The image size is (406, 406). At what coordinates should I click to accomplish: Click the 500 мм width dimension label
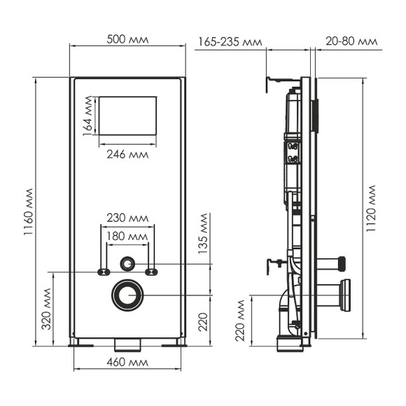click(127, 39)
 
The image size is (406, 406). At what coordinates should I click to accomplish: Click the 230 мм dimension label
click(127, 218)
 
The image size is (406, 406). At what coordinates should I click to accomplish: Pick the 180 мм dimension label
click(127, 237)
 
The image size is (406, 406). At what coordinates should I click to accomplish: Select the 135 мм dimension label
click(204, 237)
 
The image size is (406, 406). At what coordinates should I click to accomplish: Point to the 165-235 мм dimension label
click(230, 42)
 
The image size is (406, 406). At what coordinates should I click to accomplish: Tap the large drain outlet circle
click(127, 295)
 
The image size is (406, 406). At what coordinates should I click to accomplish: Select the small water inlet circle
click(127, 264)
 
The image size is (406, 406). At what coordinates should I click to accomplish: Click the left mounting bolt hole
click(104, 272)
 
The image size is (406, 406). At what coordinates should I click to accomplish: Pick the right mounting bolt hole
click(151, 272)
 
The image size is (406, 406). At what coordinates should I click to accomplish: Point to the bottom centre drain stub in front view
click(127, 345)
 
